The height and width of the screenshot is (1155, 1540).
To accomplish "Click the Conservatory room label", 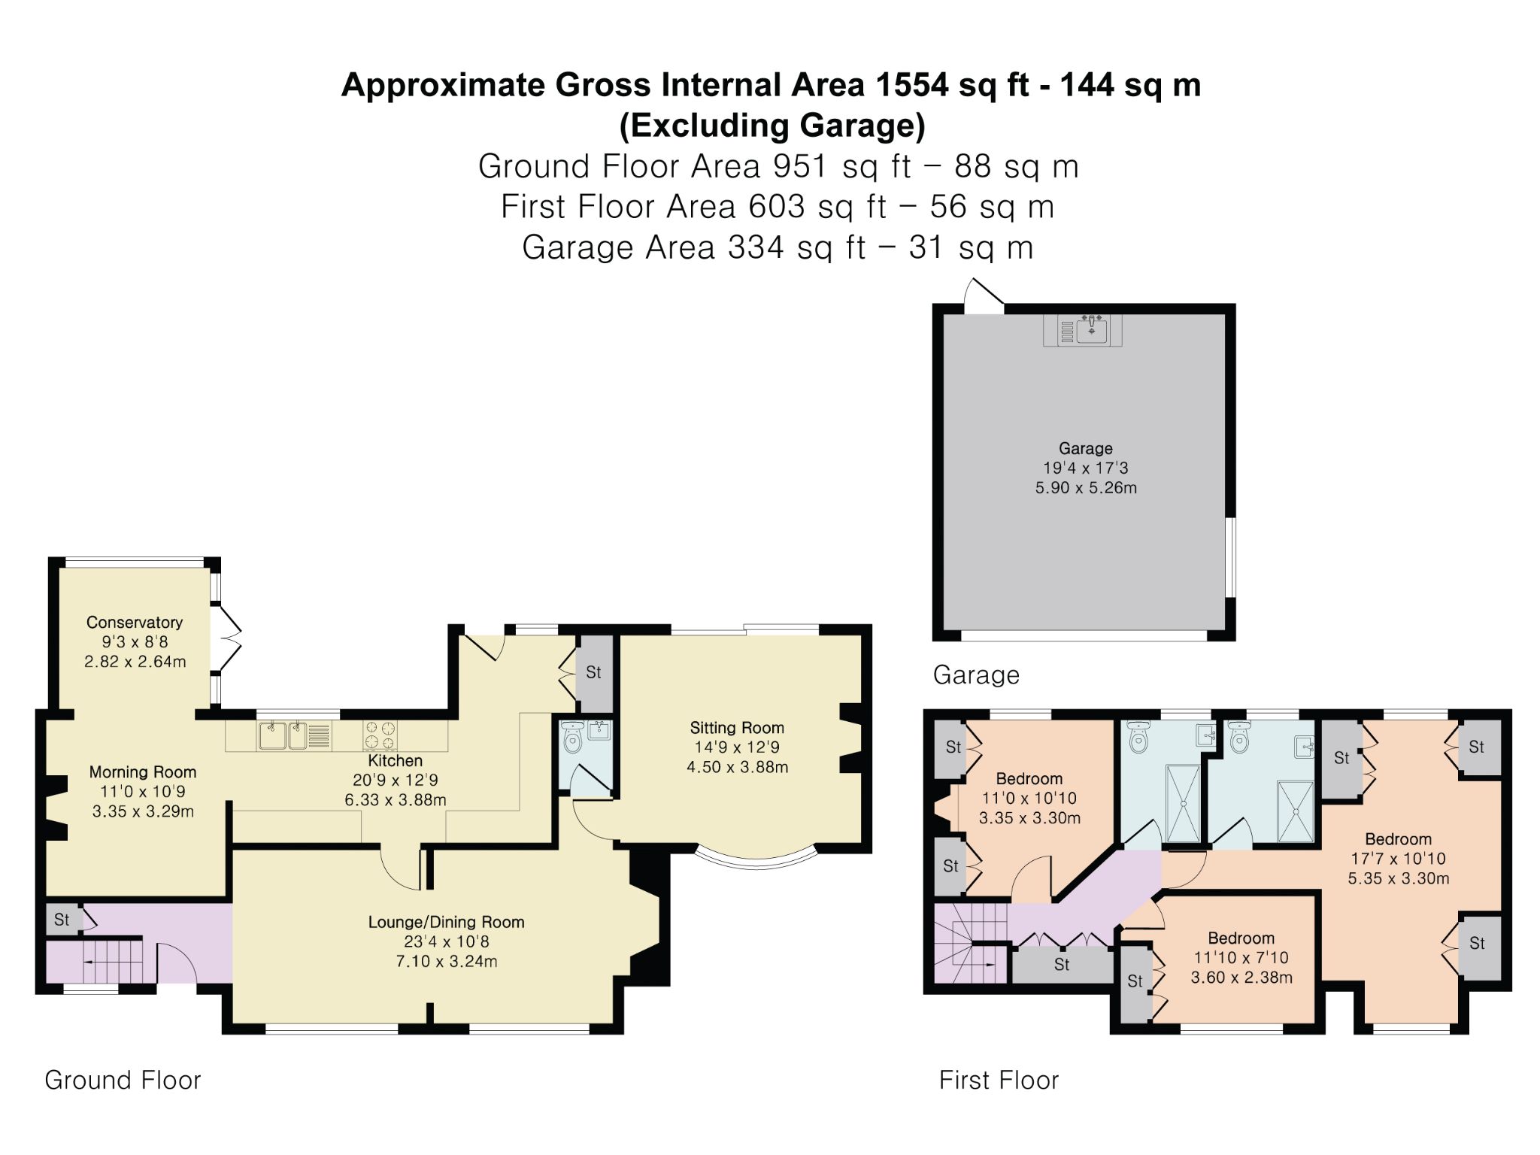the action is tap(135, 622).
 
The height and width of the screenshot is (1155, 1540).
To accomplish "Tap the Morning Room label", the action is tap(143, 772).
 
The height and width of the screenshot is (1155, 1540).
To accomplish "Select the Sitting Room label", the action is tap(737, 727).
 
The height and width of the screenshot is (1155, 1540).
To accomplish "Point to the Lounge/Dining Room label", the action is tap(446, 922).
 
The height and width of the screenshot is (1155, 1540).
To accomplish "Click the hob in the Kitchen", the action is tap(380, 735).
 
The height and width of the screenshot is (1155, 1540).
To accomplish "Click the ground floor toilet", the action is tap(573, 738).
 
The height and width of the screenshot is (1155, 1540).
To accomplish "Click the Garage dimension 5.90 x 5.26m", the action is tap(1086, 487).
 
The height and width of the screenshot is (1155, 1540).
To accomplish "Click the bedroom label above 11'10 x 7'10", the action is tap(1241, 938).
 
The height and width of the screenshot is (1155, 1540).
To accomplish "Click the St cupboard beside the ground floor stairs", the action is tap(63, 920).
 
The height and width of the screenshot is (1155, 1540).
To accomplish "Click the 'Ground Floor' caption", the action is tap(123, 1080).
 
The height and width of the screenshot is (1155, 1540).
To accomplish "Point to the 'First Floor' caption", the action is tap(999, 1080).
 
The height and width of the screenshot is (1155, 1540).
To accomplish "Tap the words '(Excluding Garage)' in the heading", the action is tap(772, 126).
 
